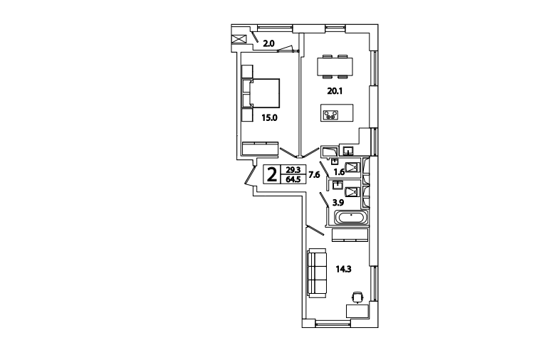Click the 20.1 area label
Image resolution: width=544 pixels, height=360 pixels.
pyautogui.click(x=335, y=91)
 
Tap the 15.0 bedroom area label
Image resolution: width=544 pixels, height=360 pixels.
pyautogui.click(x=270, y=118)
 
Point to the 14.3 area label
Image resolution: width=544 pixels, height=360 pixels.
pyautogui.click(x=343, y=269)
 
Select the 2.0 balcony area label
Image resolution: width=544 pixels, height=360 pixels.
pyautogui.click(x=268, y=43)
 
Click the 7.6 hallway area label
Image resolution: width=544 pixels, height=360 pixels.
pyautogui.click(x=314, y=175)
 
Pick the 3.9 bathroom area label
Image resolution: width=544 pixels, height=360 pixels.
pyautogui.click(x=338, y=202)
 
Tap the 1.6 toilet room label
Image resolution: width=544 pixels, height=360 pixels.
pyautogui.click(x=339, y=172)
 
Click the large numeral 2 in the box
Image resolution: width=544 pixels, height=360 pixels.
pyautogui.click(x=272, y=174)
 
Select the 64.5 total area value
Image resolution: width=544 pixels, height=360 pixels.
pyautogui.click(x=293, y=179)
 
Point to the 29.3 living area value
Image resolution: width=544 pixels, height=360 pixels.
pyautogui.click(x=293, y=170)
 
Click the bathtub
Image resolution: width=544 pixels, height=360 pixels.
pyautogui.click(x=350, y=218)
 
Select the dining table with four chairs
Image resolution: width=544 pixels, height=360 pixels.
pyautogui.click(x=335, y=66)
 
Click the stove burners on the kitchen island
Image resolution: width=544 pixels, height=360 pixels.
pyautogui.click(x=330, y=115)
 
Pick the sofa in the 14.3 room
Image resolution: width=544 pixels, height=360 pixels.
pyautogui.click(x=317, y=273)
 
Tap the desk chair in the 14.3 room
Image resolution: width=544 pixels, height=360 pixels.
pyautogui.click(x=357, y=297)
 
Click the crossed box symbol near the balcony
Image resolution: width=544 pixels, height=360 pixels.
pyautogui.click(x=239, y=39)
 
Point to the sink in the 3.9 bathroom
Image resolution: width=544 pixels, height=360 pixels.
pyautogui.click(x=338, y=185)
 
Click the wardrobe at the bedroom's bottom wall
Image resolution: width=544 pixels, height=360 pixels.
pyautogui.click(x=260, y=149)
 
